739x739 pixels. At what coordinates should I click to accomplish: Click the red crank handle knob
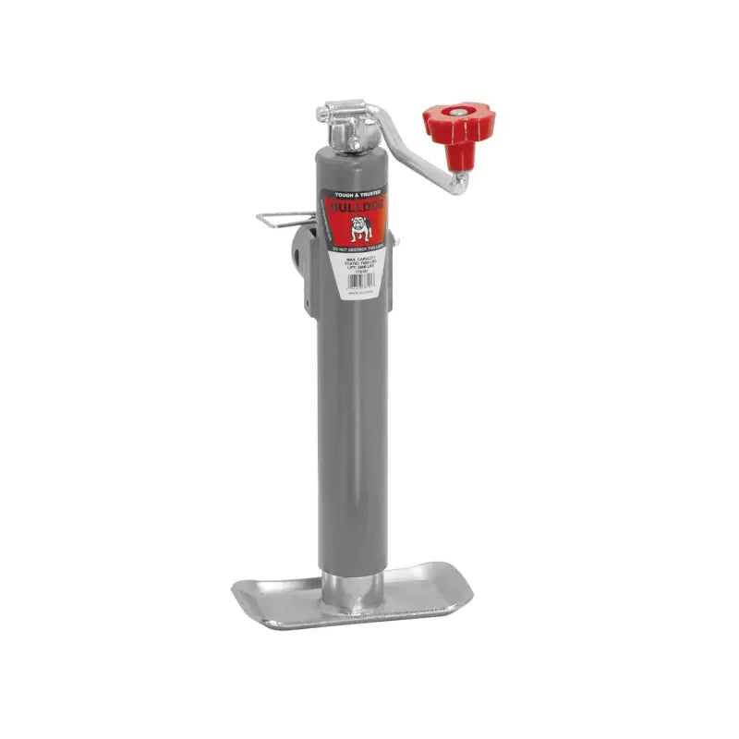(458, 123)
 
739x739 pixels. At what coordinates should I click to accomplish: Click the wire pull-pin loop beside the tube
(283, 222)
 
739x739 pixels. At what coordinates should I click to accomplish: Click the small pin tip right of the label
(395, 241)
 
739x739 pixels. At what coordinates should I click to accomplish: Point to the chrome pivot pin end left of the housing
(322, 115)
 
